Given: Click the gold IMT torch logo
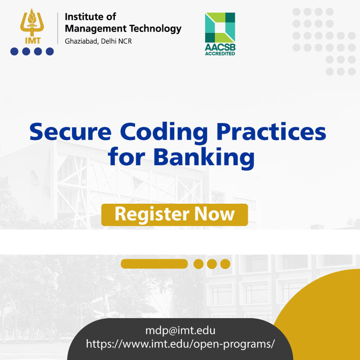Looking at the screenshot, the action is [x=32, y=26].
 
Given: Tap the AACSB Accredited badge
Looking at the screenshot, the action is [x=220, y=34].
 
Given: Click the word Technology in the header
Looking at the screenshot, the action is [x=155, y=28].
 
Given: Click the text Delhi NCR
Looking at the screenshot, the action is [x=117, y=41].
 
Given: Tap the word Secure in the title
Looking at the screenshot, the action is [x=71, y=132].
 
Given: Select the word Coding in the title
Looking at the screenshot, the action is [x=164, y=134].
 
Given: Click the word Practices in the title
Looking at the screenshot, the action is [x=271, y=131].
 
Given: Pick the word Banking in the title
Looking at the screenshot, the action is [x=204, y=158].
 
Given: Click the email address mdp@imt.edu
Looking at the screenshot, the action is [x=180, y=331].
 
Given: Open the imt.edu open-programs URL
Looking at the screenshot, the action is [x=180, y=344].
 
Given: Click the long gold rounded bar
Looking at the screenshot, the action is [x=154, y=264].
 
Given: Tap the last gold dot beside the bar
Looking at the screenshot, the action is [x=225, y=264].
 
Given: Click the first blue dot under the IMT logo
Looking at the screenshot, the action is [x=14, y=51].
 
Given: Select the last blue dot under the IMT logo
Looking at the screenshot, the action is [x=49, y=51].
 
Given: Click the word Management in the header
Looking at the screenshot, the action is [x=96, y=29].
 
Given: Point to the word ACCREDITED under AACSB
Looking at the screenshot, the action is [x=220, y=54].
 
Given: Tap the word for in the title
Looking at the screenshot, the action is [x=126, y=157].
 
